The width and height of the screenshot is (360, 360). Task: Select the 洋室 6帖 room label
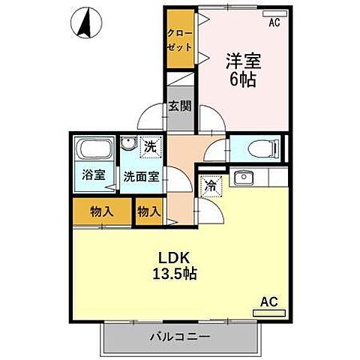pos(241,70)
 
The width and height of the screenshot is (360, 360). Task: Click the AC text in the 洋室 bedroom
pos(274,23)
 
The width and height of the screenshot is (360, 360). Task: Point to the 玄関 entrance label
pos(178,106)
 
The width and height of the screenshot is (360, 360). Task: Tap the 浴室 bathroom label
pos(94,178)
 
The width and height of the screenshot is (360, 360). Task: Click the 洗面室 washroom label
pos(141,178)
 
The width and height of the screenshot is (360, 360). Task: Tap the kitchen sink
pos(243,178)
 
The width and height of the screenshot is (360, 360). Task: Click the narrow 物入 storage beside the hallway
pos(148,211)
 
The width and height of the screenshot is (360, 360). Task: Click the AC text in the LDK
pos(268,301)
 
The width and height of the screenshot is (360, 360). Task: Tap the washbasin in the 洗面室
pos(127,146)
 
